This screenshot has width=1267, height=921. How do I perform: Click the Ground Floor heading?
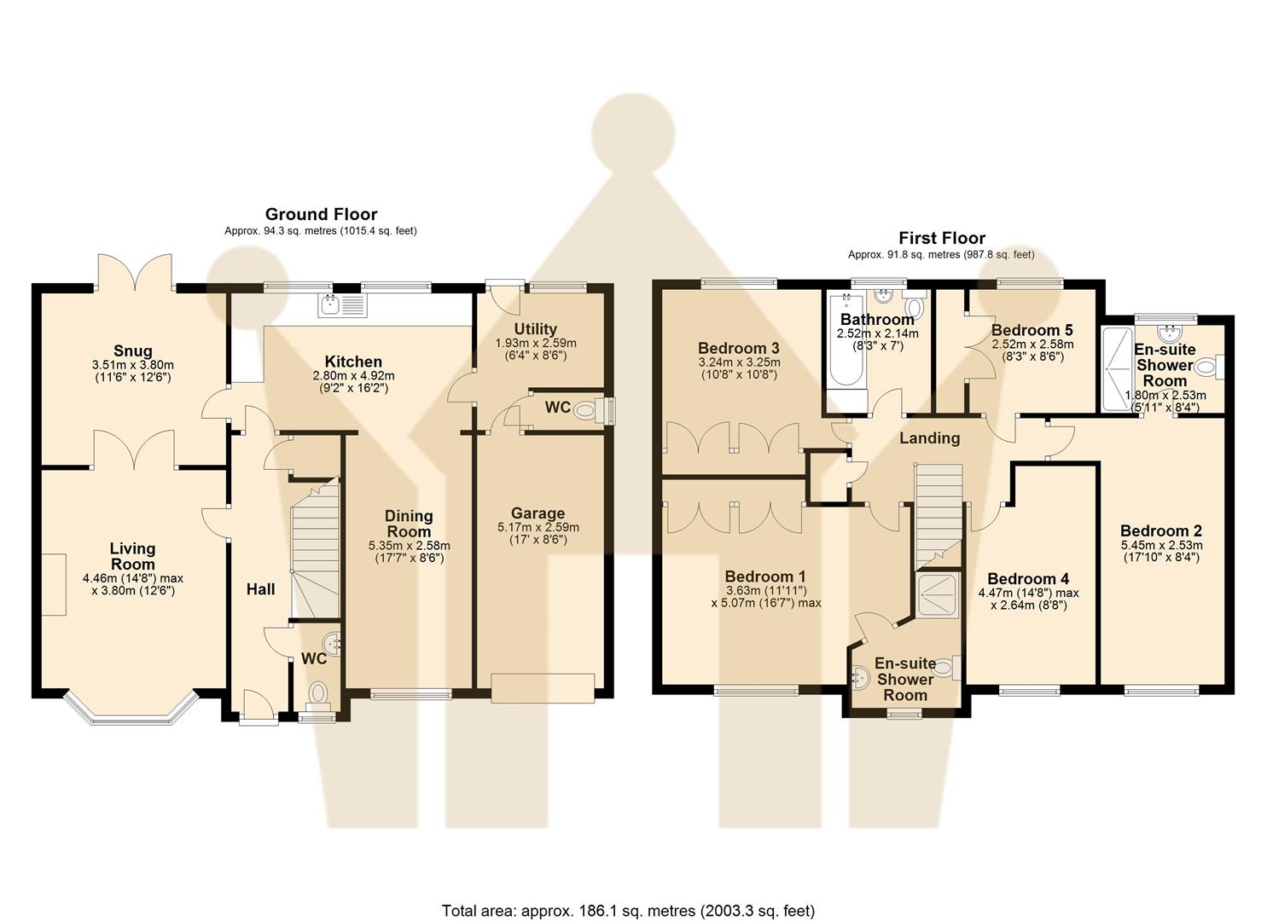321,214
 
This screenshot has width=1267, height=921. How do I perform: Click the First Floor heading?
941,238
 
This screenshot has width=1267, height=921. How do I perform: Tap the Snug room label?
133,350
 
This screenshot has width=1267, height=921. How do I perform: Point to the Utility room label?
536,329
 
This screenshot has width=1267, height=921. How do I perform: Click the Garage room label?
538,513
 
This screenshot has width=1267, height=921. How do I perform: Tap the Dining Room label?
409,524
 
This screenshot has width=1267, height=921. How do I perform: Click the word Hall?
260,589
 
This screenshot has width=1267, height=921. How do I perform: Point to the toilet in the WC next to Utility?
586,410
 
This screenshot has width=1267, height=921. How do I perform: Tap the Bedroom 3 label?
738,348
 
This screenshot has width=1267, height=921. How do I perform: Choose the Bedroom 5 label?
1032,330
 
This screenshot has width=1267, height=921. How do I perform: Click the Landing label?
929,438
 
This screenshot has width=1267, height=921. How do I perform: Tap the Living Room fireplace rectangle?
54,584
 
